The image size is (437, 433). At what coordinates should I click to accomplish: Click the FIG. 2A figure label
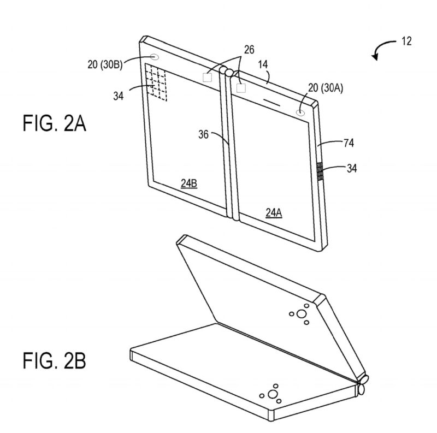click(54, 123)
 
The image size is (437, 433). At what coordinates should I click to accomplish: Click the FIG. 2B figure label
click(54, 360)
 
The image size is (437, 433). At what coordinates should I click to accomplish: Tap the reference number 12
click(406, 41)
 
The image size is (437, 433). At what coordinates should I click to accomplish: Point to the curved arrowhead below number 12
click(375, 57)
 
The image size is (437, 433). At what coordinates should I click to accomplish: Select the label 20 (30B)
click(105, 64)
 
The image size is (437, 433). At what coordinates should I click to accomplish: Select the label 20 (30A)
click(326, 88)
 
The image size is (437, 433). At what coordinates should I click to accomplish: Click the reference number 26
click(249, 50)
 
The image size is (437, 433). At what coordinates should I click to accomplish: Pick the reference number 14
click(263, 64)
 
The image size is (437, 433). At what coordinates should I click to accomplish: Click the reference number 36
click(203, 134)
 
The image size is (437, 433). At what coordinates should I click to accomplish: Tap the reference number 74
click(349, 143)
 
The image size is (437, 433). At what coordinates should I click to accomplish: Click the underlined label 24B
click(189, 183)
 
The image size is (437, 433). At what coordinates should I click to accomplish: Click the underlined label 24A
click(274, 212)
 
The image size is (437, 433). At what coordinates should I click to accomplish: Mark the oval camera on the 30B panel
click(155, 57)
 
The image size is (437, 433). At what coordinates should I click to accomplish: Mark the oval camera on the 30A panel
click(300, 112)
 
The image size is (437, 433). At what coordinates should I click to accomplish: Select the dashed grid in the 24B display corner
click(156, 83)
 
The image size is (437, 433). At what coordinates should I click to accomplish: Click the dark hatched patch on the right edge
click(320, 171)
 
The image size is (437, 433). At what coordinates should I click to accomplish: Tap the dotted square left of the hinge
click(208, 77)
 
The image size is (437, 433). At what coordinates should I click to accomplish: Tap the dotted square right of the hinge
click(241, 88)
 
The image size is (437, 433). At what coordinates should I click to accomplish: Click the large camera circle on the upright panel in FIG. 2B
click(302, 314)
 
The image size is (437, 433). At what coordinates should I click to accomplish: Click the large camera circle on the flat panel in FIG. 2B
click(273, 394)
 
